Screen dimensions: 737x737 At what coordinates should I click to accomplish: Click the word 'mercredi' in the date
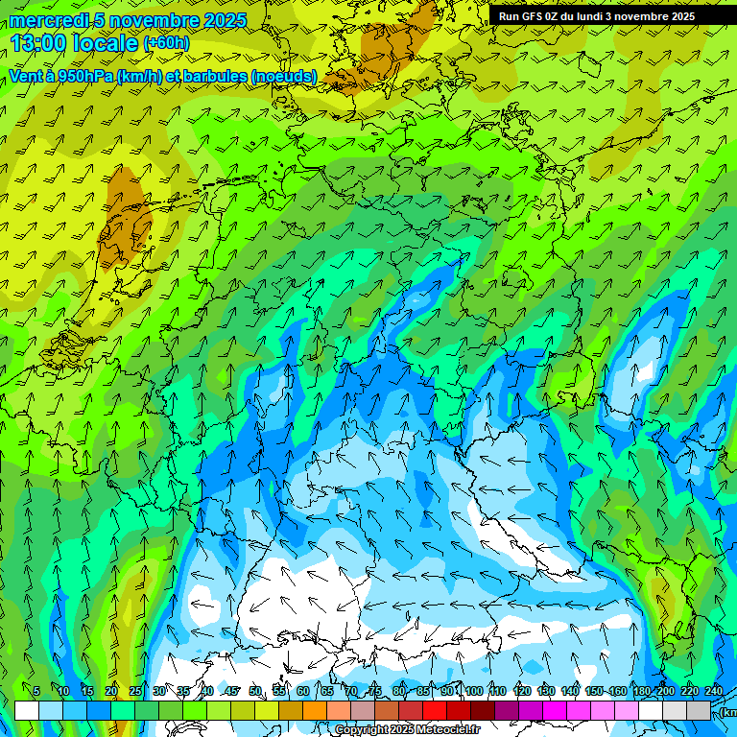click(x=45, y=20)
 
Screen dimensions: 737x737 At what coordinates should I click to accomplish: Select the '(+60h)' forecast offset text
click(x=166, y=43)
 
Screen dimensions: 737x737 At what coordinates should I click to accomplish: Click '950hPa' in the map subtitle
click(x=80, y=76)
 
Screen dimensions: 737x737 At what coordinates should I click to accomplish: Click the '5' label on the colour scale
click(x=36, y=691)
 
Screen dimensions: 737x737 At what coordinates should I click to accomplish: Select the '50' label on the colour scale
click(x=255, y=691)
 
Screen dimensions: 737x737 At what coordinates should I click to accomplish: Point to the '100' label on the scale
click(x=474, y=691)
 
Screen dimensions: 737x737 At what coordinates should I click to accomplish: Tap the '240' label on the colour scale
click(x=714, y=691)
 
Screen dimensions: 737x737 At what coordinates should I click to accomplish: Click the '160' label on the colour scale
click(x=618, y=691)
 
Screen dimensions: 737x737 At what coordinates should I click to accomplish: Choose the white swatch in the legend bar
click(x=27, y=710)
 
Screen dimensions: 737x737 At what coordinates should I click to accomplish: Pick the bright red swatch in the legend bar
click(x=435, y=710)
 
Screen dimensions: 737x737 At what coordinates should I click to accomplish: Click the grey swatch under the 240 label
click(x=699, y=710)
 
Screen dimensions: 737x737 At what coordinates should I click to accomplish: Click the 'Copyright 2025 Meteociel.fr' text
click(x=407, y=730)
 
